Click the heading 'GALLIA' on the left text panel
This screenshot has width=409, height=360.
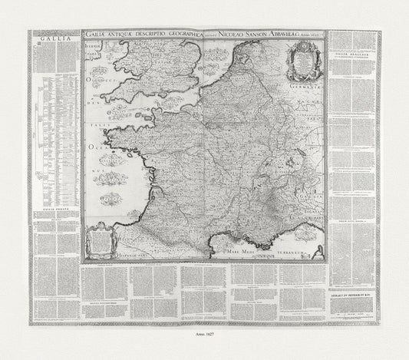51,35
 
